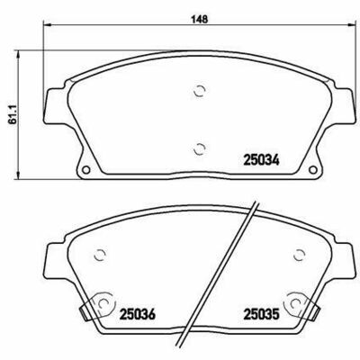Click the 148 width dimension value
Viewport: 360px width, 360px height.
tap(200, 19)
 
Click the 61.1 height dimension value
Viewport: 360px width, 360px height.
tap(12, 115)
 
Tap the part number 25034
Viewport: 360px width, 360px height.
tap(262, 160)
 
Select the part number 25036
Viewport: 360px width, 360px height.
tap(138, 314)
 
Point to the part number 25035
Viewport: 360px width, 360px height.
tap(262, 314)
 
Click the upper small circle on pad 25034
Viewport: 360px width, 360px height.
tap(199, 91)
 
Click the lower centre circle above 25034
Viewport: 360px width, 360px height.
tap(199, 148)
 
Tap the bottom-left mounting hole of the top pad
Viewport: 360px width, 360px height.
tap(86, 170)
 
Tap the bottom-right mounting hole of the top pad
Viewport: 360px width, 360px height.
tap(312, 170)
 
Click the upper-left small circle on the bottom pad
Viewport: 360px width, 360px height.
tap(100, 255)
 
